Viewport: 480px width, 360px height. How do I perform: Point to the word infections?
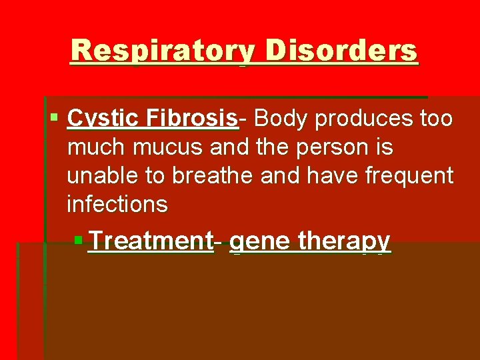coord(117,204)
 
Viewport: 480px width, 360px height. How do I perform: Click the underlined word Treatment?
coord(150,241)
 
